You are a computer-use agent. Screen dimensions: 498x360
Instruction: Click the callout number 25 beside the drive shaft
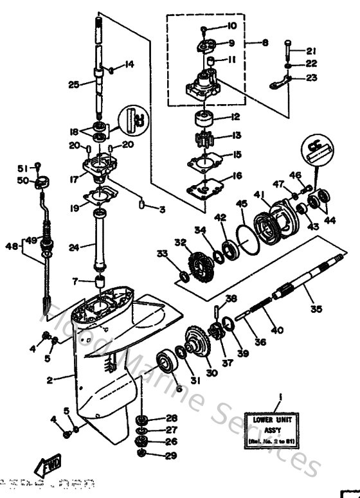74,84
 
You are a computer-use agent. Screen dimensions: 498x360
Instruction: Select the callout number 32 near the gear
179,242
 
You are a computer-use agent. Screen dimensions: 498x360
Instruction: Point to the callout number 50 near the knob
22,181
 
